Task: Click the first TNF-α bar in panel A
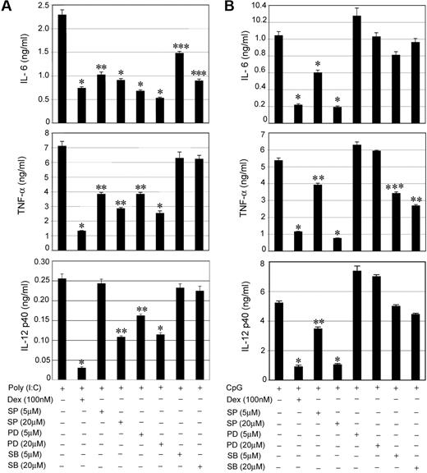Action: click(x=62, y=200)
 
